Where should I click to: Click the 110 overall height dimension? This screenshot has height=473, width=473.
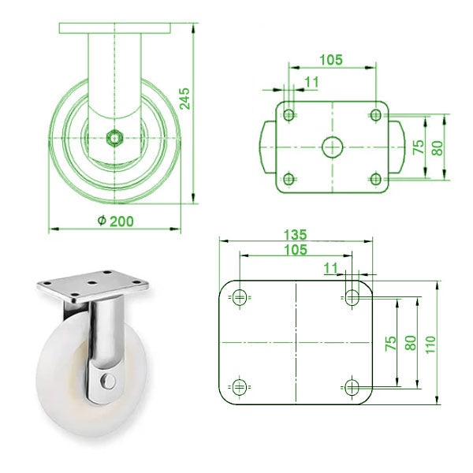(430, 342)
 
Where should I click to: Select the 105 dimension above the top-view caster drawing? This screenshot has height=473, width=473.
(332, 59)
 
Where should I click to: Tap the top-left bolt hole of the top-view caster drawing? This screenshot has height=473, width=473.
(289, 115)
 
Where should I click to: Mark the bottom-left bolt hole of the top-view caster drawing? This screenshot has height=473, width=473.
(289, 177)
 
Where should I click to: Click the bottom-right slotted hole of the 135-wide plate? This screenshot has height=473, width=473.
(351, 386)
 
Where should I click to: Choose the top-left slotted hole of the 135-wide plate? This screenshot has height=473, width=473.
(238, 297)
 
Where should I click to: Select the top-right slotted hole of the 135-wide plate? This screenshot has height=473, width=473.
(351, 297)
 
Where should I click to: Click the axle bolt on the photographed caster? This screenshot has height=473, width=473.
(109, 381)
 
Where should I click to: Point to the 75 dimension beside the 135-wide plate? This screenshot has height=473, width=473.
(390, 342)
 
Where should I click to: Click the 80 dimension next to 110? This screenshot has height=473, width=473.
(410, 342)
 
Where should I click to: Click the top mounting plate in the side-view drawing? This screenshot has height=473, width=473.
(114, 28)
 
